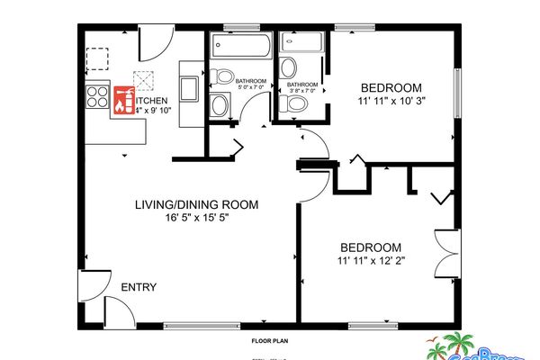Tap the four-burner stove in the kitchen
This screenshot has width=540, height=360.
click(96, 96)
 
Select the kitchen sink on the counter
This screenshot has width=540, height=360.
click(190, 87)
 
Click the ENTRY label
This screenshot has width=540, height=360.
click(139, 288)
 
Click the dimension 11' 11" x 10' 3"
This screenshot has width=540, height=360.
click(391, 102)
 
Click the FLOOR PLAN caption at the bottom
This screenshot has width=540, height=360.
click(269, 342)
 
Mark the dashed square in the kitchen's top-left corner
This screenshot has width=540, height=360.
click(96, 59)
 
